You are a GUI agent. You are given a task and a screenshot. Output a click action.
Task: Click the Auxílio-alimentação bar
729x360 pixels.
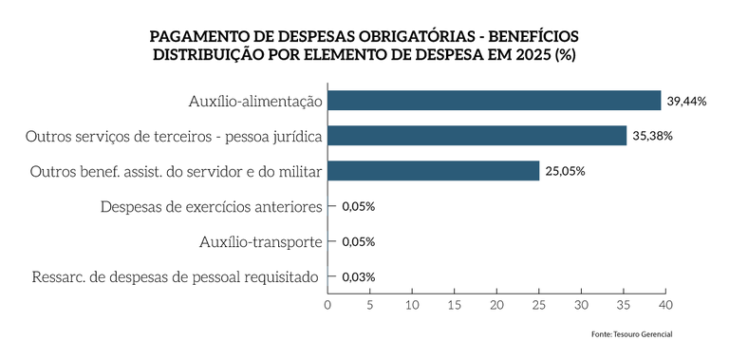coord(494,101)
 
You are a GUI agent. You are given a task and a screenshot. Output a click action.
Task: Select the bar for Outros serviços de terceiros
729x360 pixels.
coord(477,136)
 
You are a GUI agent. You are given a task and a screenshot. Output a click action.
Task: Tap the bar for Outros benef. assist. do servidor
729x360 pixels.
coord(433,171)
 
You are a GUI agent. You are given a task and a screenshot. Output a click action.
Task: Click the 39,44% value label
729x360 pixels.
coord(686,101)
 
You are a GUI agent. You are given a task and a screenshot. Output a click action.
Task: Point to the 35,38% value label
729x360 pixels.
coord(652,136)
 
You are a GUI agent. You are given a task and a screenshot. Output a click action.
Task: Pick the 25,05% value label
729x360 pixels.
coord(565,172)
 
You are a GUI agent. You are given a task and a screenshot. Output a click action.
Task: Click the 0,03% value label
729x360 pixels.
coord(358,277)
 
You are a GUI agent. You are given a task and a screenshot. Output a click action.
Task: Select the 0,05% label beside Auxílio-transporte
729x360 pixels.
coord(358,242)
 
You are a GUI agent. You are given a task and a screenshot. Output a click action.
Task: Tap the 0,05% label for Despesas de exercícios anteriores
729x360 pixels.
coord(358,207)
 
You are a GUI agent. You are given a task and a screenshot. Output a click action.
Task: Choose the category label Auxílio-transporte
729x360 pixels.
coord(261,242)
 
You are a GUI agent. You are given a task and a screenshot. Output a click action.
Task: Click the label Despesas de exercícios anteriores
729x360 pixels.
coord(212,207)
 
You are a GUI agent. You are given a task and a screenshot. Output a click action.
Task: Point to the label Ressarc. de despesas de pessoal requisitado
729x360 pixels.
coord(178,277)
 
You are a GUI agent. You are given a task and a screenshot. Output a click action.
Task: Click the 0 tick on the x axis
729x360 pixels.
coord(327,306)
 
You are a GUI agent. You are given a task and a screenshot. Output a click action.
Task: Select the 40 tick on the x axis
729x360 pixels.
coord(665,306)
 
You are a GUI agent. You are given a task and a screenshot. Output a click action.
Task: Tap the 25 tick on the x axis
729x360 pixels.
coord(538,306)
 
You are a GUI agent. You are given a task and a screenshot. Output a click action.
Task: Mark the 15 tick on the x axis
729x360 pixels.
coord(454,306)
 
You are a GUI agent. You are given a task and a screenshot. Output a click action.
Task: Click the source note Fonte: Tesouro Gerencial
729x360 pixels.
coord(631,334)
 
